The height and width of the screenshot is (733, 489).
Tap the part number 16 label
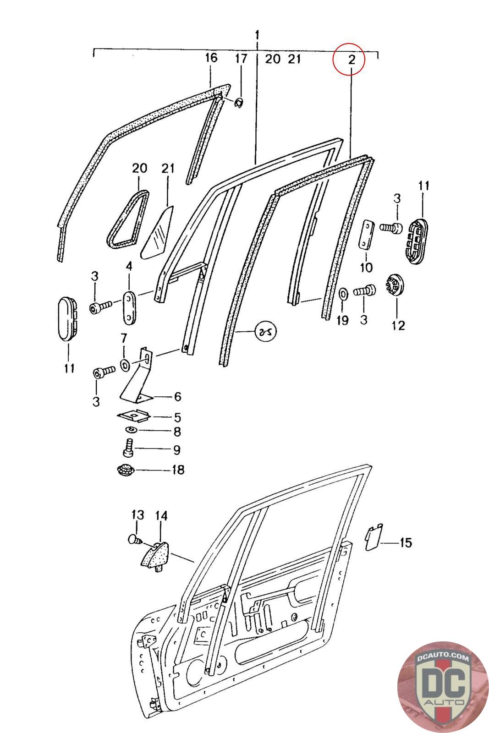(x=211, y=58)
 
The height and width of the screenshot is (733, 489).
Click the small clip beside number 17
(x=239, y=102)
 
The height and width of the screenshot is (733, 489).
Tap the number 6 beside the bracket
(x=177, y=397)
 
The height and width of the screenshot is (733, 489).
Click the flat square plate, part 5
(x=134, y=416)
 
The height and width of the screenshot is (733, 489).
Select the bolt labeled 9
(x=128, y=447)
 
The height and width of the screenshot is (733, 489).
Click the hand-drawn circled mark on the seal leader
(x=265, y=331)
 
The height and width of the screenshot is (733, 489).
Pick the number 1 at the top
(x=257, y=35)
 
